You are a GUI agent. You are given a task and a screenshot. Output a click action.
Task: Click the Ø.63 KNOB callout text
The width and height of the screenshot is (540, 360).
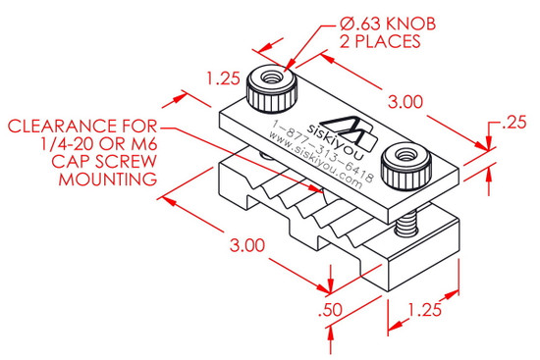(388, 25)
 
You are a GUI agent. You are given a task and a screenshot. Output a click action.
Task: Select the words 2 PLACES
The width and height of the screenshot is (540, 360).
(380, 41)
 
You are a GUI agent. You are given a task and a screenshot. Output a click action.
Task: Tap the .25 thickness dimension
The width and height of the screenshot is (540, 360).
(514, 123)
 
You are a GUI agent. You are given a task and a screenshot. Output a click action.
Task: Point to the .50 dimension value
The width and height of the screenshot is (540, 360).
(330, 310)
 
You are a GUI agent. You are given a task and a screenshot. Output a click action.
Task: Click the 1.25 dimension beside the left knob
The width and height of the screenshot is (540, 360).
(223, 78)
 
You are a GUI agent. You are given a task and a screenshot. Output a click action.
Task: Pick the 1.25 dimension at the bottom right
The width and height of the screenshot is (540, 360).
(424, 310)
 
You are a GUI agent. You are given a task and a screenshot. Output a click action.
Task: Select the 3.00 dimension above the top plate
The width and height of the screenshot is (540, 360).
(405, 102)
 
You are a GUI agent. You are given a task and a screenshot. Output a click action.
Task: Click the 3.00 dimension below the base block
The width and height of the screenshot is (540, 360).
(247, 245)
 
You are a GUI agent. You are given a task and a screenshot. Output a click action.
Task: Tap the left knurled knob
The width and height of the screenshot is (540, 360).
(272, 88)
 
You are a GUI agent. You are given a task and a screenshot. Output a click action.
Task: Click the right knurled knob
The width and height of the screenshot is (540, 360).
(406, 166)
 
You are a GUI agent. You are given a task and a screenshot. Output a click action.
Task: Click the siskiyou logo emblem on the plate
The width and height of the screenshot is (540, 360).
(350, 131)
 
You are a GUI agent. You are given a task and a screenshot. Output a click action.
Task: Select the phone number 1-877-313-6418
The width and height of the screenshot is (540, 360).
(323, 151)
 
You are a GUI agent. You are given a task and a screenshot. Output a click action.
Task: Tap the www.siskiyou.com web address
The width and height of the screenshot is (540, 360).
(315, 162)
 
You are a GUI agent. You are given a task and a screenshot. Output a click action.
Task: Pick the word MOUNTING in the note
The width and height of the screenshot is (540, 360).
(108, 180)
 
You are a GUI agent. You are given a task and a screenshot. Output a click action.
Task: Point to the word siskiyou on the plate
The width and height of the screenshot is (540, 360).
(335, 142)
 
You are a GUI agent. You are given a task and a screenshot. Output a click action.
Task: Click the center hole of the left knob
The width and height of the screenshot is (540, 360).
(272, 77)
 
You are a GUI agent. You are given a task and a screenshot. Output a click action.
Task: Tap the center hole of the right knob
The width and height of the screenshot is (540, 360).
(405, 155)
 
